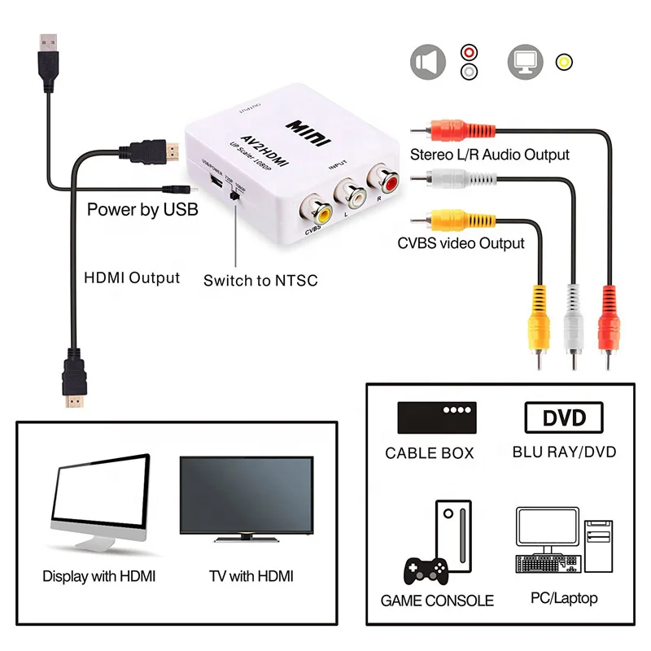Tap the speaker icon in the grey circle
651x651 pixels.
click(x=428, y=62)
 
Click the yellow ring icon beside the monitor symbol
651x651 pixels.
click(x=563, y=62)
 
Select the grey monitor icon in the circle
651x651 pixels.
click(x=525, y=62)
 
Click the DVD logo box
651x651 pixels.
click(x=564, y=418)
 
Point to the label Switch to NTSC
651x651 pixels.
click(x=260, y=281)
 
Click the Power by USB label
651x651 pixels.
click(x=142, y=210)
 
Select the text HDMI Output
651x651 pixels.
click(x=132, y=277)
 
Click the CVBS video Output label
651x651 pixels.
click(x=461, y=242)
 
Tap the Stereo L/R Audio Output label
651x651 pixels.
click(x=489, y=154)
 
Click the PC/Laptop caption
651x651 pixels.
click(x=564, y=598)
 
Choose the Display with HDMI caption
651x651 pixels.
click(x=98, y=576)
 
